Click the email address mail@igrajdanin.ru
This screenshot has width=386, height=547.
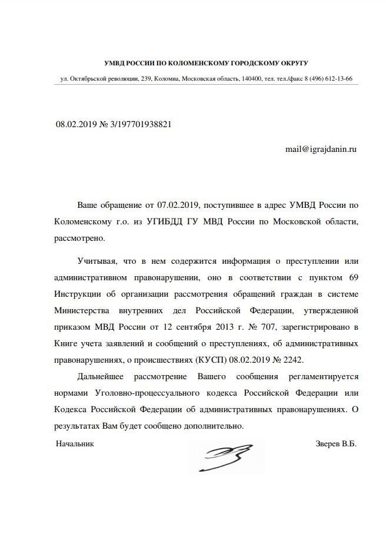point(321,150)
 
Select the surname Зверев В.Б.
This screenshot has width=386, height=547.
point(336,443)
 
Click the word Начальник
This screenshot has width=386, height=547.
point(75,443)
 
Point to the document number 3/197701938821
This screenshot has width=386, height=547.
point(141,125)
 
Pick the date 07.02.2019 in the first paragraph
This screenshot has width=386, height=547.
point(179,205)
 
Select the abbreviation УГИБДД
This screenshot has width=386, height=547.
point(172,222)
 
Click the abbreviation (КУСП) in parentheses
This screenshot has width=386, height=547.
point(241,359)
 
